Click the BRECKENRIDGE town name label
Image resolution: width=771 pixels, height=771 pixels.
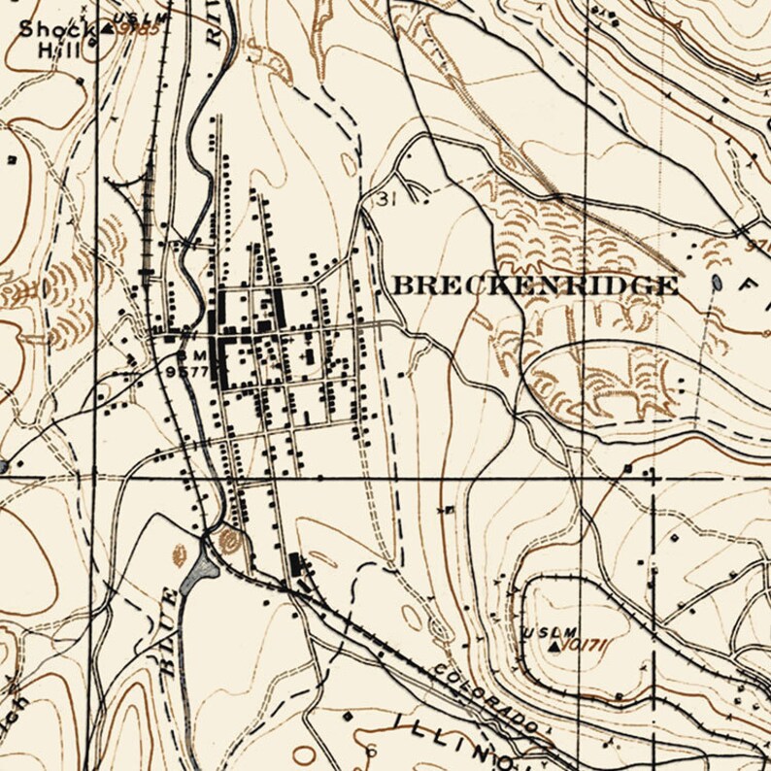[534, 285]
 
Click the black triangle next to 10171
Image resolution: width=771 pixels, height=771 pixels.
[554, 645]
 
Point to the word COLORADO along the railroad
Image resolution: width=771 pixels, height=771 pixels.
[486, 697]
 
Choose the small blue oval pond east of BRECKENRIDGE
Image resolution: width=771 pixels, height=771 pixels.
[717, 283]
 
